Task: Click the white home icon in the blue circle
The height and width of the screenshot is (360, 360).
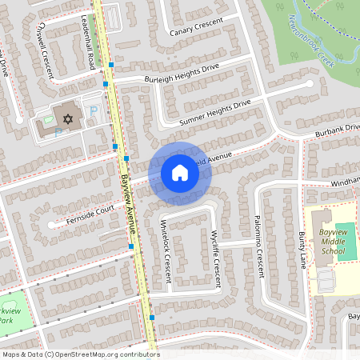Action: tap(180, 173)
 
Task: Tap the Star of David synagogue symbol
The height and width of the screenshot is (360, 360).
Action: tap(68, 119)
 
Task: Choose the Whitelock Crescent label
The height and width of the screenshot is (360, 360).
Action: tap(166, 251)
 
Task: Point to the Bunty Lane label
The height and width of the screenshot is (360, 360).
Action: tap(302, 249)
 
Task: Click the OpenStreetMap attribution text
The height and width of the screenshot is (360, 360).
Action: tap(80, 354)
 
